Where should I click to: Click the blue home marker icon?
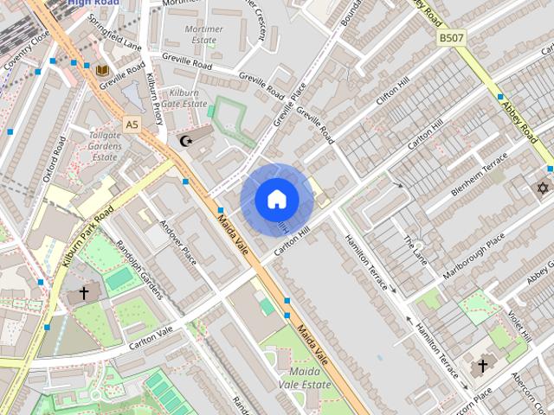[x=277, y=200]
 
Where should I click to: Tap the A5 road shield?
[x=132, y=125]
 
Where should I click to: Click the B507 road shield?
[x=451, y=38]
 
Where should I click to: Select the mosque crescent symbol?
[x=184, y=140]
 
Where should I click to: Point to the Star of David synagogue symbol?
[x=544, y=188]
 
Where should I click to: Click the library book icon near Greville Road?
[x=102, y=70]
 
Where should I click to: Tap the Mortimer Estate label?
[x=203, y=35]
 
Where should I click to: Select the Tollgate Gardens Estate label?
[x=105, y=146]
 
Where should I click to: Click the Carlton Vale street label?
[x=151, y=337]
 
